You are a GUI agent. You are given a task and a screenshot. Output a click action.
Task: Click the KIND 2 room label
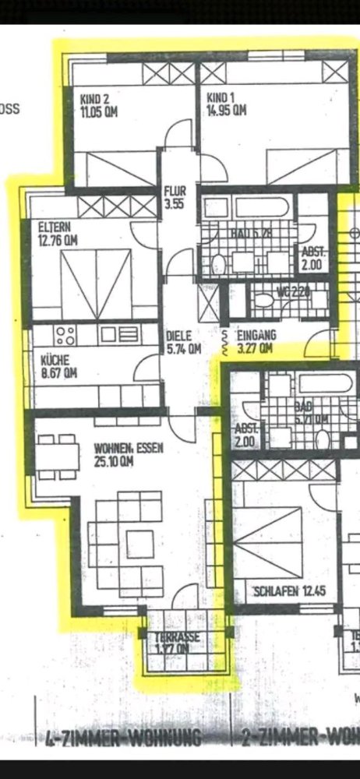click(95, 97)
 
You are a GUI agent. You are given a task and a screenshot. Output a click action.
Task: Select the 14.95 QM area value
click(226, 110)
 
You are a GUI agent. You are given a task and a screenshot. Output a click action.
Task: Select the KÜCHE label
click(55, 361)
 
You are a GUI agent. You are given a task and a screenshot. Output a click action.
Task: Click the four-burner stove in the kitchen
click(65, 336)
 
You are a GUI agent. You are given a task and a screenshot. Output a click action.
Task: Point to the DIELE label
click(178, 337)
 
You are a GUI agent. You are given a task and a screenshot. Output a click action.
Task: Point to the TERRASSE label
click(178, 636)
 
